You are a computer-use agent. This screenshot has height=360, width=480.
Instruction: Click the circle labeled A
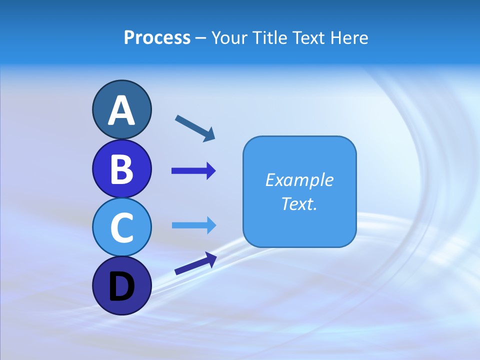coord(121,109)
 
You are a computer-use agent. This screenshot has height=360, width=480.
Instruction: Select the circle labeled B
coord(121,168)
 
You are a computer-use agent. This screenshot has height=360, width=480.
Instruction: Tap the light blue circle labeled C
coord(121,227)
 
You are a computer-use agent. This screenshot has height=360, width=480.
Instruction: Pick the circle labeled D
coord(121,285)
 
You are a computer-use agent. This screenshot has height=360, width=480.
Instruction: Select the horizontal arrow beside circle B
coord(193,171)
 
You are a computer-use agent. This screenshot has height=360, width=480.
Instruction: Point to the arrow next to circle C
coord(193,225)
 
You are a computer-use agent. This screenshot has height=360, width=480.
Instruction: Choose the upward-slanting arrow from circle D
coord(195,263)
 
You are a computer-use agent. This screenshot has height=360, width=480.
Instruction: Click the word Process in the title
coord(157,38)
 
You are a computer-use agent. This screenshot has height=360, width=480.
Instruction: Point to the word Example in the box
coord(299,180)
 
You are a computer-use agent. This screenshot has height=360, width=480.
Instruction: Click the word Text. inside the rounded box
coord(299,203)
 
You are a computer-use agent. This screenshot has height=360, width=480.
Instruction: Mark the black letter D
coord(121,287)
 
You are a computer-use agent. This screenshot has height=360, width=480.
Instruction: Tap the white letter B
coord(121,169)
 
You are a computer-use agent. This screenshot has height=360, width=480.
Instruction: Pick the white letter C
coord(121,227)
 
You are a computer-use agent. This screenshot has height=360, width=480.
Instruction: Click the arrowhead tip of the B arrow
coord(215,171)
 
